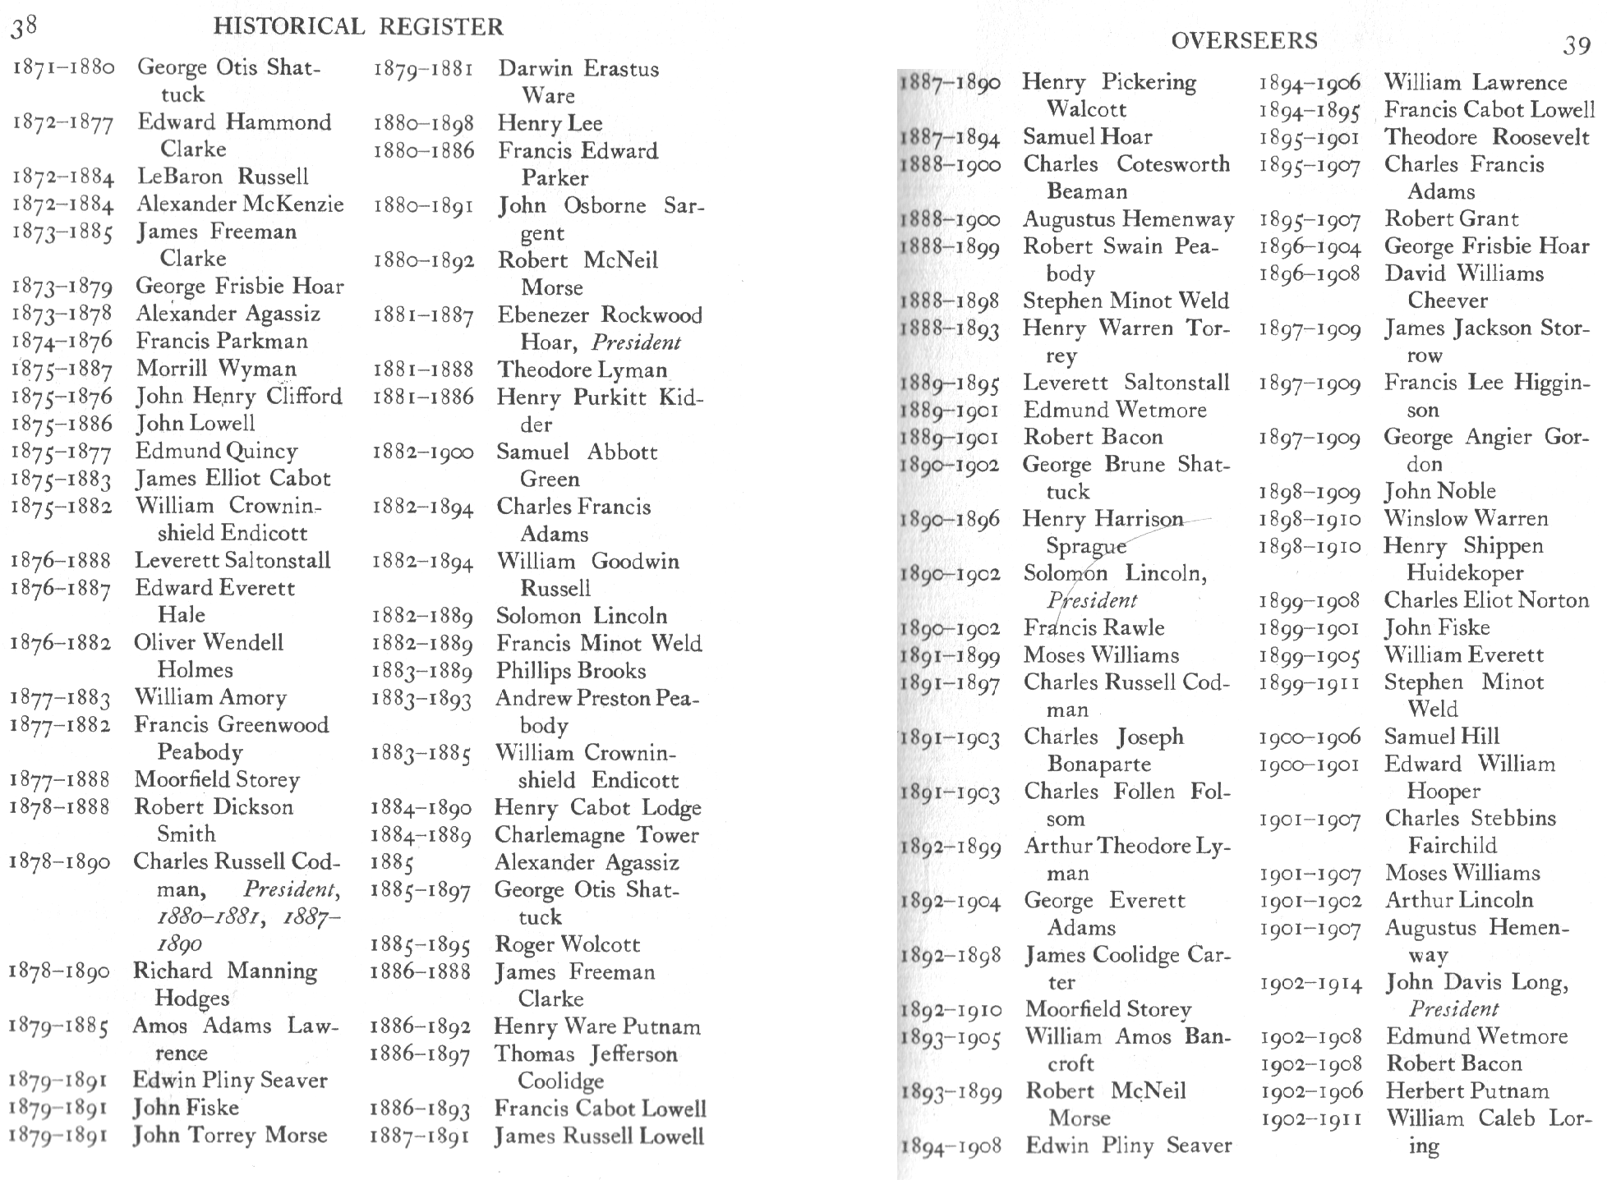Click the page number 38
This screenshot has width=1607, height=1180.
coord(23,27)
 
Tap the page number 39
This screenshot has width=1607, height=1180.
coord(1576,45)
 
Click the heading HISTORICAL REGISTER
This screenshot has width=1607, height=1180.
coord(357,27)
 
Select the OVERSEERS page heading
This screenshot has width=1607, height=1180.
coord(1244,40)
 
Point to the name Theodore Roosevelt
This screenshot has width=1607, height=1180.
coord(1486,137)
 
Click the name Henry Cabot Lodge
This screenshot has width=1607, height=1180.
coord(597,808)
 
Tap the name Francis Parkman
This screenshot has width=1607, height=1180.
coord(222,341)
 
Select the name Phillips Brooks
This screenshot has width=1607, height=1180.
coord(571,671)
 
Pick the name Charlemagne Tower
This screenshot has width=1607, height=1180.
coord(596,835)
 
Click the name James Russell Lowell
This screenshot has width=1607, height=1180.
coord(599,1136)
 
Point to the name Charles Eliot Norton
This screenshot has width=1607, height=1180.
coord(1486,600)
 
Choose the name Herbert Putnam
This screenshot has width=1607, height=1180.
coord(1467,1091)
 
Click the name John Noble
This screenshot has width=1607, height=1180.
coord(1439,491)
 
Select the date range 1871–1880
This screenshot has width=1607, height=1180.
coord(62,68)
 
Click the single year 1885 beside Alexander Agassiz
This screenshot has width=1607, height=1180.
coord(392,863)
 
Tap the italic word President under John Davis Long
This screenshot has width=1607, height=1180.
coord(1453,1009)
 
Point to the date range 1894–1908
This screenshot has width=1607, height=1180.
coord(951,1146)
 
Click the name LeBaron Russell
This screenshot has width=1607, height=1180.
coord(223,177)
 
